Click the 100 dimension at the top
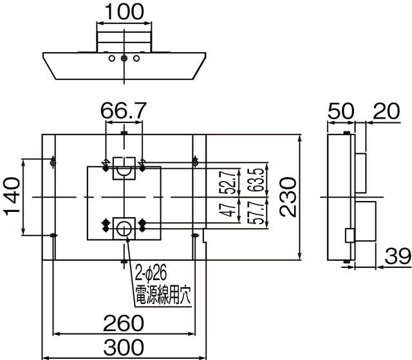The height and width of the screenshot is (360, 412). pyautogui.click(x=124, y=12)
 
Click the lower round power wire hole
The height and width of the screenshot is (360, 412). pyautogui.click(x=124, y=225)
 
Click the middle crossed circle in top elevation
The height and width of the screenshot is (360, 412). pyautogui.click(x=124, y=59)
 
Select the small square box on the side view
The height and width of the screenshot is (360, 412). pyautogui.click(x=350, y=235)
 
